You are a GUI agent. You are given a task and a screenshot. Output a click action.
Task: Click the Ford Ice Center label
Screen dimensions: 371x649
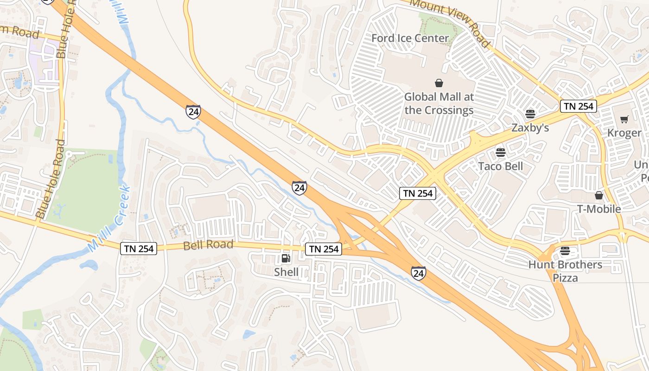coord(410,38)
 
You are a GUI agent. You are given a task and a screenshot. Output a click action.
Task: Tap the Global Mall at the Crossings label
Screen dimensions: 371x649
coord(439,103)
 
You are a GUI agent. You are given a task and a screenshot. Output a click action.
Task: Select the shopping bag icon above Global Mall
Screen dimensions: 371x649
coord(439,83)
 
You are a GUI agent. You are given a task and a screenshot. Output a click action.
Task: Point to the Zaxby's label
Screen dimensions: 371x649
coord(530,128)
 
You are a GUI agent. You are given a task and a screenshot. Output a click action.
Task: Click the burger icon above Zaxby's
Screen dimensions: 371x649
coord(530,114)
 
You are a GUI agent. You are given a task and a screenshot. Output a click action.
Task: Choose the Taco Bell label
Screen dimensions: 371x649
coord(501,166)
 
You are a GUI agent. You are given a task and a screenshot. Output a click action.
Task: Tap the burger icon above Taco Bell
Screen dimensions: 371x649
coord(500,152)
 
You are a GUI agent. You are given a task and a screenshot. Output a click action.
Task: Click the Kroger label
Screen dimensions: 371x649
coord(624,133)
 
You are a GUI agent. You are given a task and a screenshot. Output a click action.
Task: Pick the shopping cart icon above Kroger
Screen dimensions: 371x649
coord(624,119)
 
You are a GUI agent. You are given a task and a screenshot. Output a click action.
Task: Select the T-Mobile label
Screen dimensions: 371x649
coord(598,209)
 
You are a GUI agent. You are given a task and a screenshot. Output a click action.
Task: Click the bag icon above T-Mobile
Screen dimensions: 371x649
coord(598,195)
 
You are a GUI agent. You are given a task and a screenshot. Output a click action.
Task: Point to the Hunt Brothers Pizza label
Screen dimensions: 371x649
coord(566,271)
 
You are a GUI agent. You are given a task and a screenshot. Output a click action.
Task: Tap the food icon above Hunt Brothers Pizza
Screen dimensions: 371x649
coord(565,251)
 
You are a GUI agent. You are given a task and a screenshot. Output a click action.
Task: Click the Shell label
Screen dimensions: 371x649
coord(286,272)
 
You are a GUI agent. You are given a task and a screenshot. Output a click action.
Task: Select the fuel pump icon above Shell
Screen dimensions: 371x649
coord(286,258)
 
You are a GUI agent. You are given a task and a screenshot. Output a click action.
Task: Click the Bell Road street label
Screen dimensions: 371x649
coord(208,245)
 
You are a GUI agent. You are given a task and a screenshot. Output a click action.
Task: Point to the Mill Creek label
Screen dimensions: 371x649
coord(109,219)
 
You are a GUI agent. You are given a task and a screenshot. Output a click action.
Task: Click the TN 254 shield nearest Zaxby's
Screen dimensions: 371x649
coord(578,106)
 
